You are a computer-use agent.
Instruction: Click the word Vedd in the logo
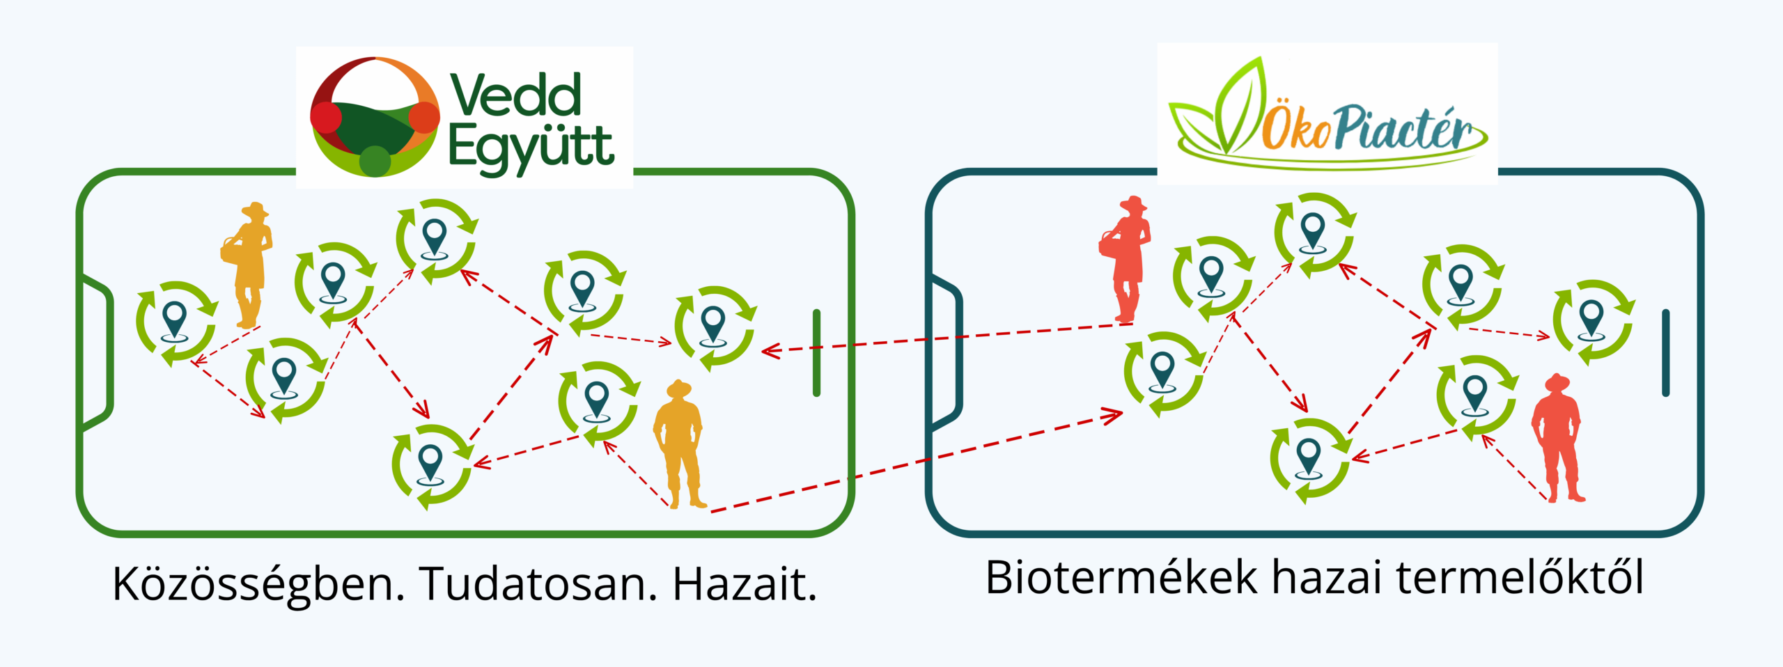[x=515, y=95]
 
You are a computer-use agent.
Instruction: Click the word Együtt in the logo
[x=531, y=148]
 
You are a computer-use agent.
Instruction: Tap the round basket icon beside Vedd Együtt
[x=375, y=116]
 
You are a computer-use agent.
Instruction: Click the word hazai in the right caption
[x=1327, y=577]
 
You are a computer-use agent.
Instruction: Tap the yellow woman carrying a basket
[x=247, y=265]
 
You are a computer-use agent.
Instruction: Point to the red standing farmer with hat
[x=1557, y=438]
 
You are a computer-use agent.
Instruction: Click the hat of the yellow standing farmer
[x=678, y=389]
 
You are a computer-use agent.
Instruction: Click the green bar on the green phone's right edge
[x=816, y=353]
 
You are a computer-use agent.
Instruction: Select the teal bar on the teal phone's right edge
[x=1665, y=353]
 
